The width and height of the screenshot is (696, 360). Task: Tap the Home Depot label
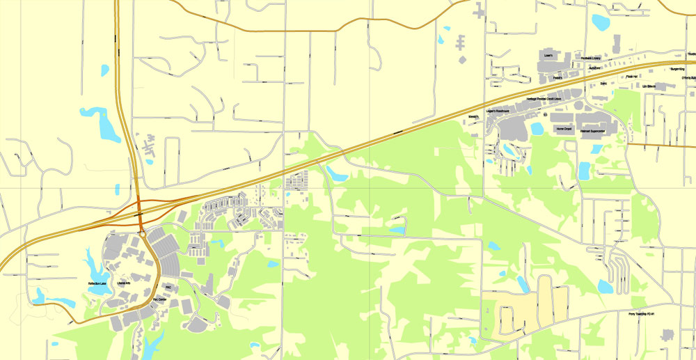(564, 129)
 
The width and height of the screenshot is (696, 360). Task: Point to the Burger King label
(677, 70)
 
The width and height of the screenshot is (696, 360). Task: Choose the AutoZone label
(595, 68)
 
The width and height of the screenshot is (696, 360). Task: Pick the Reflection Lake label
(97, 283)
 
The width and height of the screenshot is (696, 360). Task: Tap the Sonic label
(603, 82)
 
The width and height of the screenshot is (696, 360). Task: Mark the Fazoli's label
(557, 78)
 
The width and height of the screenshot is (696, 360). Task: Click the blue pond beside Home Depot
(537, 129)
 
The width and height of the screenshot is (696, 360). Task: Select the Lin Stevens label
(650, 86)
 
